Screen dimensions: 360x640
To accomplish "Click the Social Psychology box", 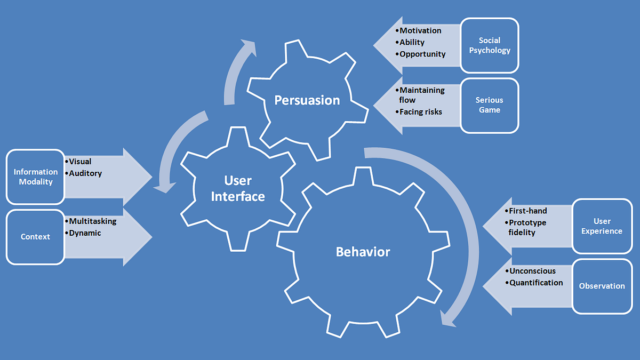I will (489, 45).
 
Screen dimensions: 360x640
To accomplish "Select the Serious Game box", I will (489, 105).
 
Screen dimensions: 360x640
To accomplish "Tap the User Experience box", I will (602, 226).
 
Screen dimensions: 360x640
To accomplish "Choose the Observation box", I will (602, 286).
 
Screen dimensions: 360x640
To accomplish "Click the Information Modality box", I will (35, 177).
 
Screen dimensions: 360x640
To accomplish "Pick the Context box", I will (35, 236).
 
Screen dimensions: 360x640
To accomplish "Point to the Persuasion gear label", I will (307, 100).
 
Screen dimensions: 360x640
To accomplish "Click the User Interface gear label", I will (238, 189).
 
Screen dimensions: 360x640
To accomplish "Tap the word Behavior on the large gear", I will (363, 252).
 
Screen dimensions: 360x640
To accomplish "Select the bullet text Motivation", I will (420, 31).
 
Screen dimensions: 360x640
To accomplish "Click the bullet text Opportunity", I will (422, 54).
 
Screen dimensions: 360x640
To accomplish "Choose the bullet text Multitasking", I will (92, 221).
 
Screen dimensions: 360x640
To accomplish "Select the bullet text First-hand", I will (527, 211).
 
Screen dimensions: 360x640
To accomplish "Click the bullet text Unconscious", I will (532, 271).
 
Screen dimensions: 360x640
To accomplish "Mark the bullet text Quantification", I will (536, 283).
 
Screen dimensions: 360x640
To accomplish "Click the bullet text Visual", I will (80, 162).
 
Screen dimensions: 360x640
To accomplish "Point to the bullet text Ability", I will (412, 43).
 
